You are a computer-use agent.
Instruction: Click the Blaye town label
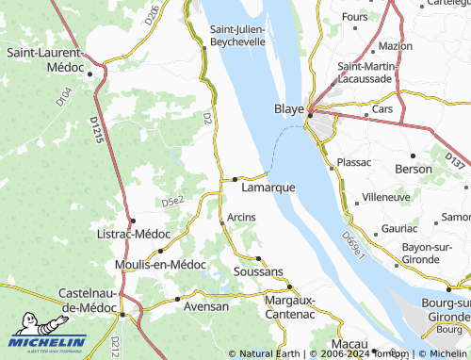click(288, 109)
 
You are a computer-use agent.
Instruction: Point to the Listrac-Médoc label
click(134, 233)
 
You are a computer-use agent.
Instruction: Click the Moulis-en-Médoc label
click(159, 265)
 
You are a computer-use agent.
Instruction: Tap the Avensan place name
click(206, 306)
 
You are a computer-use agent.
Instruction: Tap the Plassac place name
click(355, 162)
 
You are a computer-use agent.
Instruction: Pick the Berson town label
click(414, 168)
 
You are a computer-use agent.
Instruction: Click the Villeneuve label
click(386, 198)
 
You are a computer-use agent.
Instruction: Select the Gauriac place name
click(400, 229)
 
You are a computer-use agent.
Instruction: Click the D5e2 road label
click(172, 201)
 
